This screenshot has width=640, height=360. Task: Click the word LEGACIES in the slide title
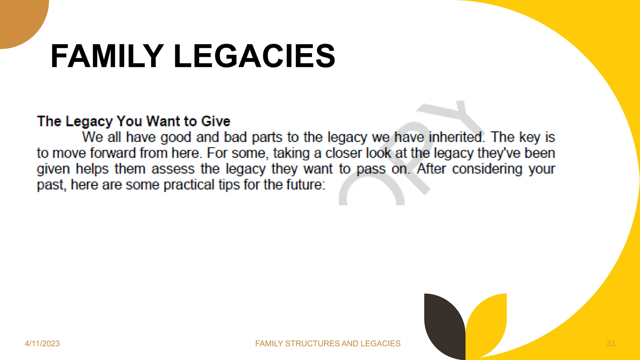coord(254,56)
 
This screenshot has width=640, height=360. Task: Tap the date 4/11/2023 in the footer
coord(42,343)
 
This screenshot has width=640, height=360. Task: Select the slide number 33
coord(611,343)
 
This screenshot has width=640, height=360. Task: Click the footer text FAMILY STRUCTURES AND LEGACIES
coord(327,343)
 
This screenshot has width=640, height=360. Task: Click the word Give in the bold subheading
coord(216,121)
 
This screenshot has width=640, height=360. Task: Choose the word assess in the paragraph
coord(173,169)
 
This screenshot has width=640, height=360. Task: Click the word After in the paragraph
coord(431,169)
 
